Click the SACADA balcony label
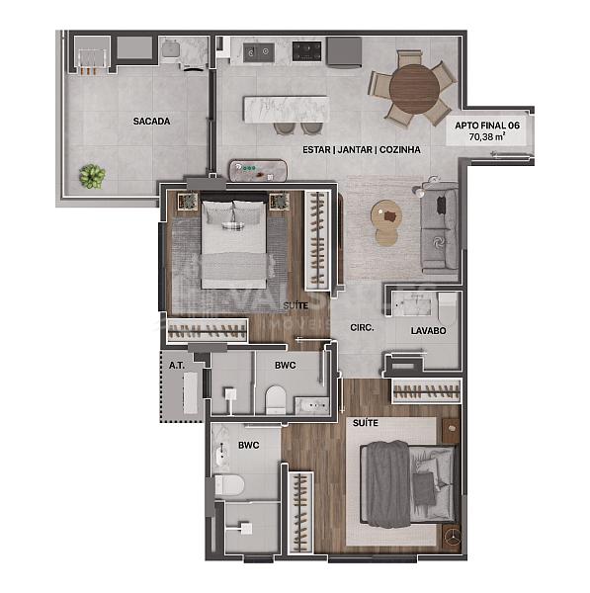click(151, 122)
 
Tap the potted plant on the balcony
click(92, 176)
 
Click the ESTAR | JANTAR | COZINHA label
click(362, 149)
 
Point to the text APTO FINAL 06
click(486, 126)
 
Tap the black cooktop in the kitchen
click(343, 48)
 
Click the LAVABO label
click(429, 332)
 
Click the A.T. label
click(177, 365)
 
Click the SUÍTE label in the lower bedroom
click(365, 422)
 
